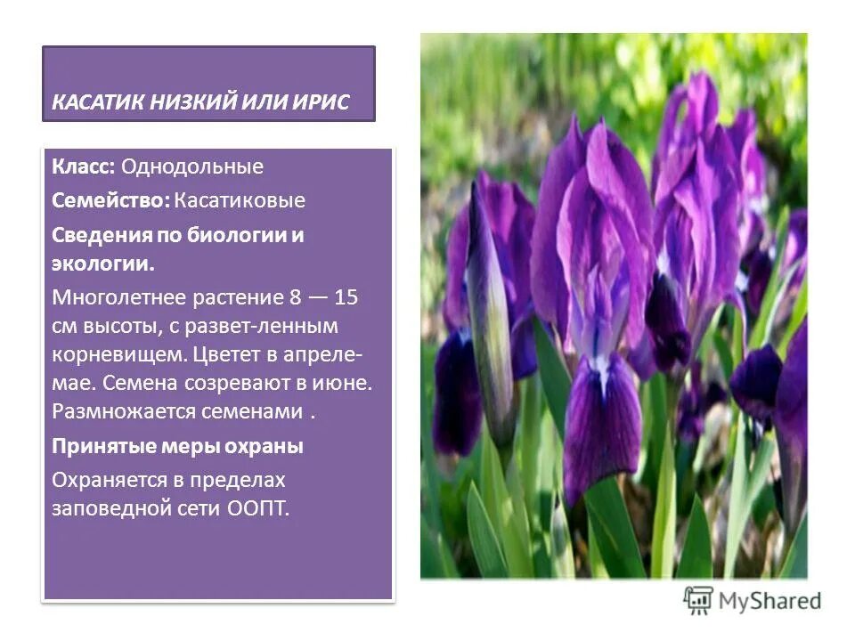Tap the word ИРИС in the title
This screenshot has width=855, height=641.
(323, 102)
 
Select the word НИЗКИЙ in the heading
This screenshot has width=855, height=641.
(191, 102)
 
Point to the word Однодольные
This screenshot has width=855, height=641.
(192, 166)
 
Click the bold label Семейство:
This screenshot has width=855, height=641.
(110, 200)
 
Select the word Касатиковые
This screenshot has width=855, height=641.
(240, 200)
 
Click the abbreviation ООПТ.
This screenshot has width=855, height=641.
(260, 510)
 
